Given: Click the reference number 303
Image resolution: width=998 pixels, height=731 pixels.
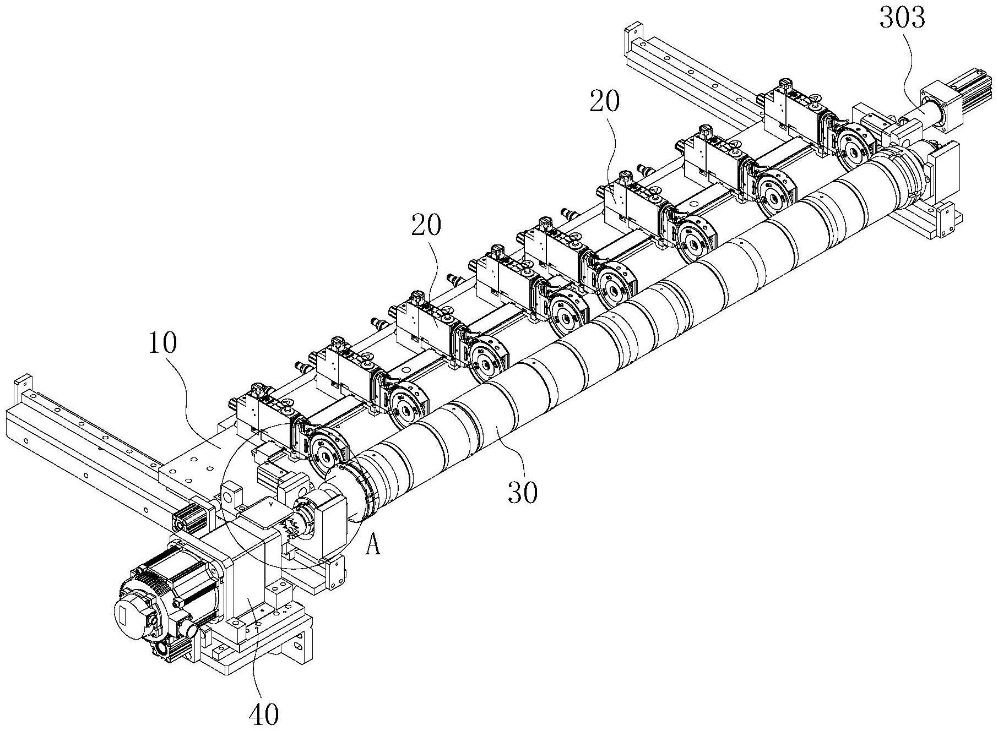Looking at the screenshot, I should pos(902,19).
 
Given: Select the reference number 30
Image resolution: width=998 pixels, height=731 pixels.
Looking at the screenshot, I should pos(523,493).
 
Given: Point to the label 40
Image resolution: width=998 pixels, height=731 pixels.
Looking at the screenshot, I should pos(264,714).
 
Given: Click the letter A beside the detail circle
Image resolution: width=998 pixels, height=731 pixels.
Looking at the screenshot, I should pos(373,547).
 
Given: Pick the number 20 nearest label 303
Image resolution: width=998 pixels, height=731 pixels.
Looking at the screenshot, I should pos(604,101).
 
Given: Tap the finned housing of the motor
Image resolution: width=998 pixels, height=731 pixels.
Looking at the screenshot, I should pos(182,572).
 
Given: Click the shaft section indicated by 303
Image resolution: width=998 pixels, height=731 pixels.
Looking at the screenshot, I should pos(917,116).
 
